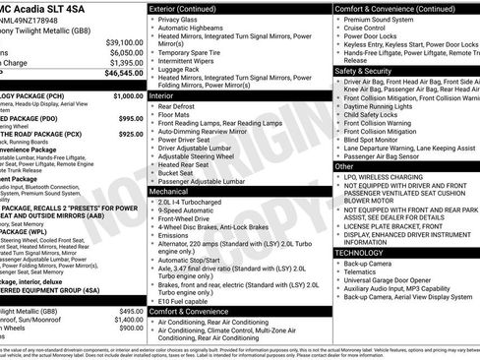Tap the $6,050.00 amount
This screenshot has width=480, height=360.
click(x=122, y=52)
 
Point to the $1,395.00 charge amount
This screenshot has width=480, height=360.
click(x=122, y=62)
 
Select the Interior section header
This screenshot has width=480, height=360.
click(x=160, y=96)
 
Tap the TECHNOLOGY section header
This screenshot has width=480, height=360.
click(x=362, y=253)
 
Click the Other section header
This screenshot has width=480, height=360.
click(x=344, y=167)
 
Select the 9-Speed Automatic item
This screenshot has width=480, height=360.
click(x=184, y=210)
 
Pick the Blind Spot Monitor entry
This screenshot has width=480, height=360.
click(x=378, y=140)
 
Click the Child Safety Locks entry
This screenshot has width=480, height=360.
click(x=378, y=114)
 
